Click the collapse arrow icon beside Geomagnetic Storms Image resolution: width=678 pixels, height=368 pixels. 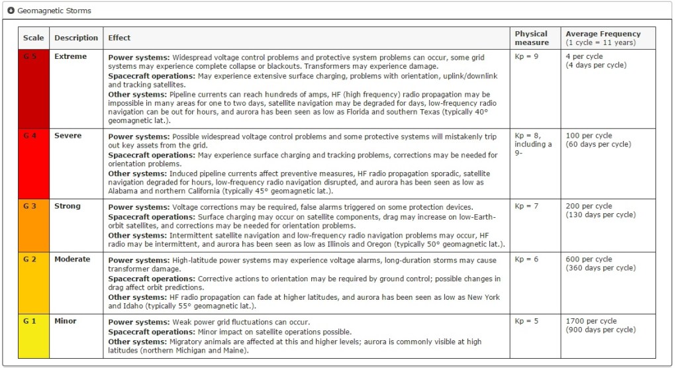pos(11,11)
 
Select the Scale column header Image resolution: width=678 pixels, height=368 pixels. pos(33,38)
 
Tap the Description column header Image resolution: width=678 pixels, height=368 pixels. pos(76,38)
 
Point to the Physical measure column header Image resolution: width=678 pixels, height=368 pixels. pos(532,38)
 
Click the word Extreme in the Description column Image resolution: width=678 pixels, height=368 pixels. pos(70,57)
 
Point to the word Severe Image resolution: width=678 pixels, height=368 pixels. pos(68,136)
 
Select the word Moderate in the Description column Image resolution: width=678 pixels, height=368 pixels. pos(72,259)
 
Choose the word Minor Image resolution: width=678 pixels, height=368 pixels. pos(66,321)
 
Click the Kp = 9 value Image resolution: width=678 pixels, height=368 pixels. pos(526,57)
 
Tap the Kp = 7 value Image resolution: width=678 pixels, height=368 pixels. pos(526,206)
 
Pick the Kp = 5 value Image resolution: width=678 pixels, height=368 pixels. pos(526,321)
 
